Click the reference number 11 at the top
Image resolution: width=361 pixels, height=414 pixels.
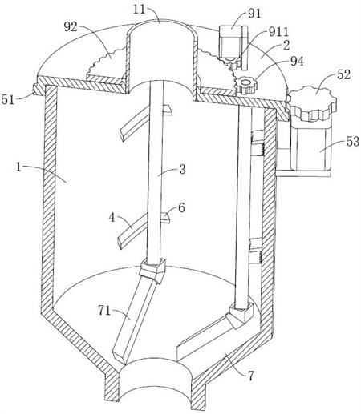point(140,10)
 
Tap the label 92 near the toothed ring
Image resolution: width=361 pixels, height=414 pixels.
point(71,27)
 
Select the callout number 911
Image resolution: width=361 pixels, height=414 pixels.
point(278,32)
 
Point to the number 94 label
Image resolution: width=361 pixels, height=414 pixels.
point(297,62)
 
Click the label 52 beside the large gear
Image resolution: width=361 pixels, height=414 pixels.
point(343,75)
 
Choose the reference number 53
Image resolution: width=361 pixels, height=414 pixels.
point(353,142)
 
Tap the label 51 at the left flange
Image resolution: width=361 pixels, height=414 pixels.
point(8,99)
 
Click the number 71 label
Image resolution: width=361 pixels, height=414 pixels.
point(104,311)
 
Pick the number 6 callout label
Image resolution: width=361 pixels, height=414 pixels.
point(181,207)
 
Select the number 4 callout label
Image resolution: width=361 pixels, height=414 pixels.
point(112,218)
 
